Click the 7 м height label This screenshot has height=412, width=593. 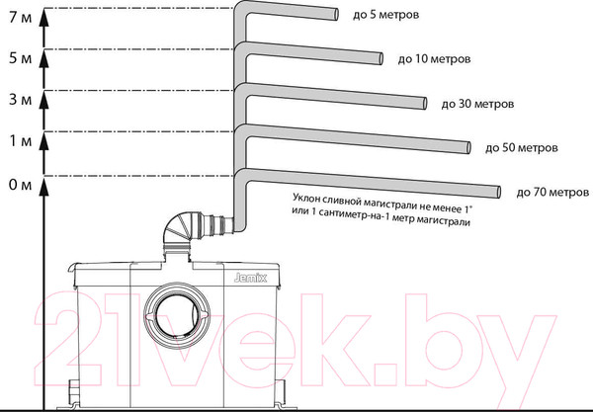pos(21,18)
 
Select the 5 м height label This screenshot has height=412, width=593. pos(21,58)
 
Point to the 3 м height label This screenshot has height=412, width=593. pos(21,100)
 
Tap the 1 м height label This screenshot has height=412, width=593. pos(21,141)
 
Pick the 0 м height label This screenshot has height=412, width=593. pos(21,185)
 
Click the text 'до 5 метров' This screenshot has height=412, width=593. pos(385,15)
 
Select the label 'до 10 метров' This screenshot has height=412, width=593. pos(434,59)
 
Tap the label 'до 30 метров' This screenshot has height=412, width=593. pos(477,104)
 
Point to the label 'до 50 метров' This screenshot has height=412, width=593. pos(522,147)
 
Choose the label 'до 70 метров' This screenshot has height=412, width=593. pos(552,193)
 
